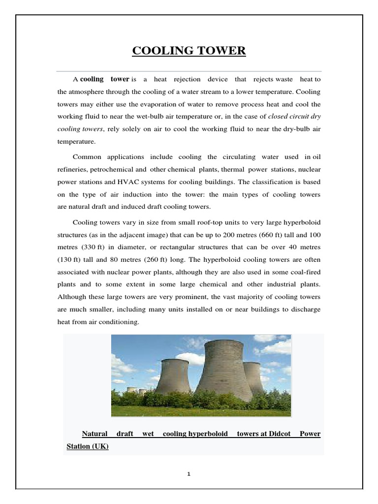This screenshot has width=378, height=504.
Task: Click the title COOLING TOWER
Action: pyautogui.click(x=189, y=52)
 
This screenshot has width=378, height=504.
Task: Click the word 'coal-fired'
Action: pyautogui.click(x=304, y=272)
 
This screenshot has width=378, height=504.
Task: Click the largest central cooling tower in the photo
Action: pyautogui.click(x=223, y=369)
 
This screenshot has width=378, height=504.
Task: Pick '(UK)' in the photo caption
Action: pyautogui.click(x=100, y=446)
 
